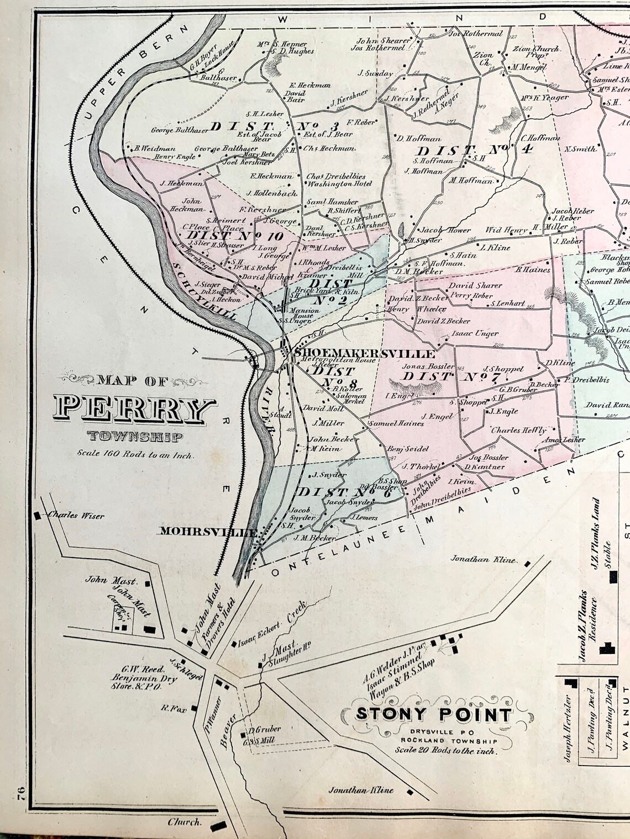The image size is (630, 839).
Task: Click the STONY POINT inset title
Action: [x=433, y=714]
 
